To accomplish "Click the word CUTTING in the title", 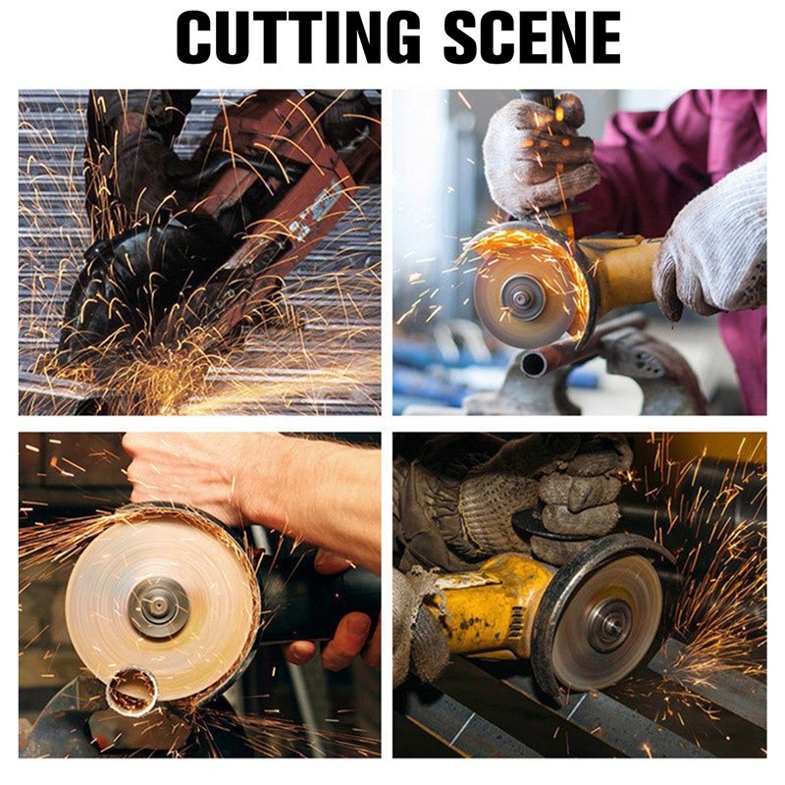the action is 299,37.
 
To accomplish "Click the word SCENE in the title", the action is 532,37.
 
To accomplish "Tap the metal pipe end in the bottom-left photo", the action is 132,690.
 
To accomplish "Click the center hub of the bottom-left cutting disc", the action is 158,605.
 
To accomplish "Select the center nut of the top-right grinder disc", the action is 521,298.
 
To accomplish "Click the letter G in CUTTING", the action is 395,37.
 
